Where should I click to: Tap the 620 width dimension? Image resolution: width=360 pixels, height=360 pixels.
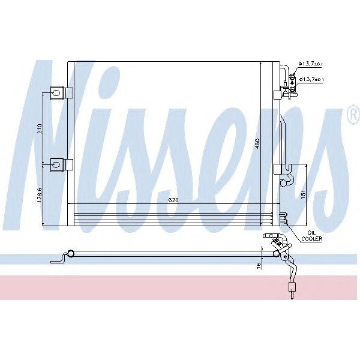coord(174,200)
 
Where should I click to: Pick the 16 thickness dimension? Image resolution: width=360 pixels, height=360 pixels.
coord(259,265)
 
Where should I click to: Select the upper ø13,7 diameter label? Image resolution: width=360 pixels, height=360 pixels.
coord(312,63)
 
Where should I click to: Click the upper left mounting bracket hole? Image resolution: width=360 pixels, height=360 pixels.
coord(56,92)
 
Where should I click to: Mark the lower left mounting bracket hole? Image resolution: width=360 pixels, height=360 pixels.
coord(56,163)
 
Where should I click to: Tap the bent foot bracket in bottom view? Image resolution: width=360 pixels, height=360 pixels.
coord(58,259)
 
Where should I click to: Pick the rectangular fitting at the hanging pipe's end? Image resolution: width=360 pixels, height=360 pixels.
coord(292,292)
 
